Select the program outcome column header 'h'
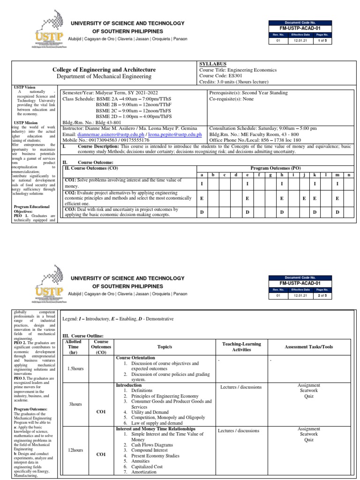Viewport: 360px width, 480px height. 282,175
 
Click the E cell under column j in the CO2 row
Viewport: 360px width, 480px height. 304,199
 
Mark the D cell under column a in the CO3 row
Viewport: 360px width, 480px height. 202,212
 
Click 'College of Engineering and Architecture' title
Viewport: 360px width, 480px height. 104,69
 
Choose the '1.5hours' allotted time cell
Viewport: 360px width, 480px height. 75,368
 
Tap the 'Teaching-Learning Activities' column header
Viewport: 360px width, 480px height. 241,347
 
